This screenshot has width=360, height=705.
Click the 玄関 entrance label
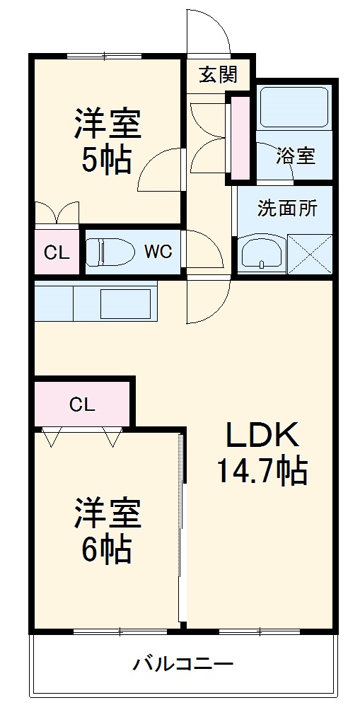click(x=217, y=74)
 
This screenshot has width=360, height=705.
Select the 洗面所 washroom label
click(x=287, y=209)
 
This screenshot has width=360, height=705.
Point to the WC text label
click(x=158, y=252)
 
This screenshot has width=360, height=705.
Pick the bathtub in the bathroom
click(x=294, y=107)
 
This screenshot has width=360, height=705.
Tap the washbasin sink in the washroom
click(x=262, y=253)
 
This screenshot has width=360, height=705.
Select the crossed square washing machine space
click(x=310, y=253)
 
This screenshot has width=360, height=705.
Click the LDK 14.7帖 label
click(x=262, y=453)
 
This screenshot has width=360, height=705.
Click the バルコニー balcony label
click(x=183, y=665)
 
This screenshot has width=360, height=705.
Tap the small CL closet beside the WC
click(x=57, y=252)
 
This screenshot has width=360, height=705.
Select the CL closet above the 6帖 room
click(x=82, y=404)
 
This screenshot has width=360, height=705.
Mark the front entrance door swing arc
click(x=210, y=32)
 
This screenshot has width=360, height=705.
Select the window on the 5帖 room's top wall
click(x=104, y=56)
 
